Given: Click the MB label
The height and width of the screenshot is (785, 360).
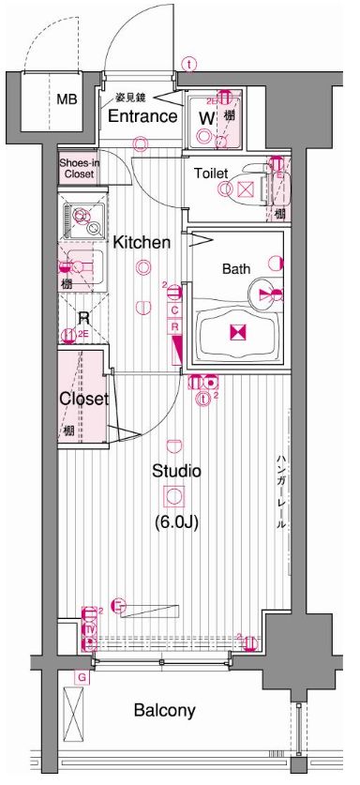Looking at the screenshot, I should (67, 99).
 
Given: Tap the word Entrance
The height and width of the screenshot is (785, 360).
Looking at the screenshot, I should (142, 116).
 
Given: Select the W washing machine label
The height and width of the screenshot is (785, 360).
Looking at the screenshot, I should (205, 117).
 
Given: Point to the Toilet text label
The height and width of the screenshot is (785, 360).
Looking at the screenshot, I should (211, 174).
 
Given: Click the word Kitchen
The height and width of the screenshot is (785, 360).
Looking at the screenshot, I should (142, 242).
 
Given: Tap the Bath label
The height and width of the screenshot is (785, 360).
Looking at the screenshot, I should (236, 268).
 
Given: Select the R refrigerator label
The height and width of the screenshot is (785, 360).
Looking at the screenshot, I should (82, 317).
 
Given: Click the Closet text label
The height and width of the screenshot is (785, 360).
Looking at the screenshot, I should (83, 399).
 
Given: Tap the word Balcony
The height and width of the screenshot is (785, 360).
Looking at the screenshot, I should (164, 710).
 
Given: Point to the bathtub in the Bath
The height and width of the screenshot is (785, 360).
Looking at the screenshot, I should (236, 332).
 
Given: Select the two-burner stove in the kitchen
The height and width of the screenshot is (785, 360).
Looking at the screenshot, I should (82, 219).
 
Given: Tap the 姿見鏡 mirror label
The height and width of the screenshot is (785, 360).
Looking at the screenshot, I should (129, 98).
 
